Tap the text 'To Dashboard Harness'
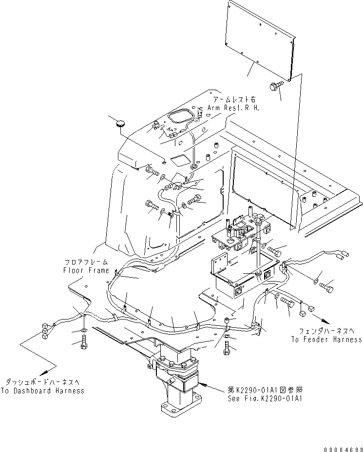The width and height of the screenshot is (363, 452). click(x=42, y=391)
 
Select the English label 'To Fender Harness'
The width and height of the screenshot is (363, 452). click(x=326, y=339)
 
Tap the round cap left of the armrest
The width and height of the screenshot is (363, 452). click(x=120, y=125)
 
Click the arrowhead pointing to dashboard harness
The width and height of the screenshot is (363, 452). click(x=52, y=367)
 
